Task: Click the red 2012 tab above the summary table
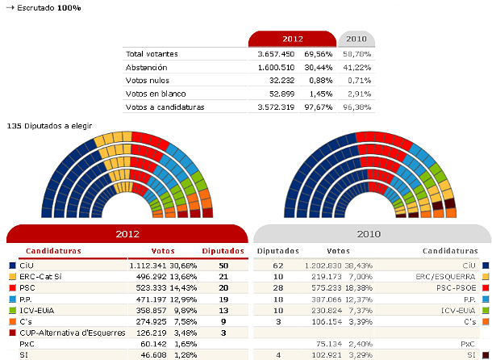tap(292, 39)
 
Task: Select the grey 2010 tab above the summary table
tap(356, 39)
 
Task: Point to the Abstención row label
tap(146, 67)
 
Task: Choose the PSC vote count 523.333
tap(152, 287)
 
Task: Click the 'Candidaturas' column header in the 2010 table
tap(450, 251)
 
